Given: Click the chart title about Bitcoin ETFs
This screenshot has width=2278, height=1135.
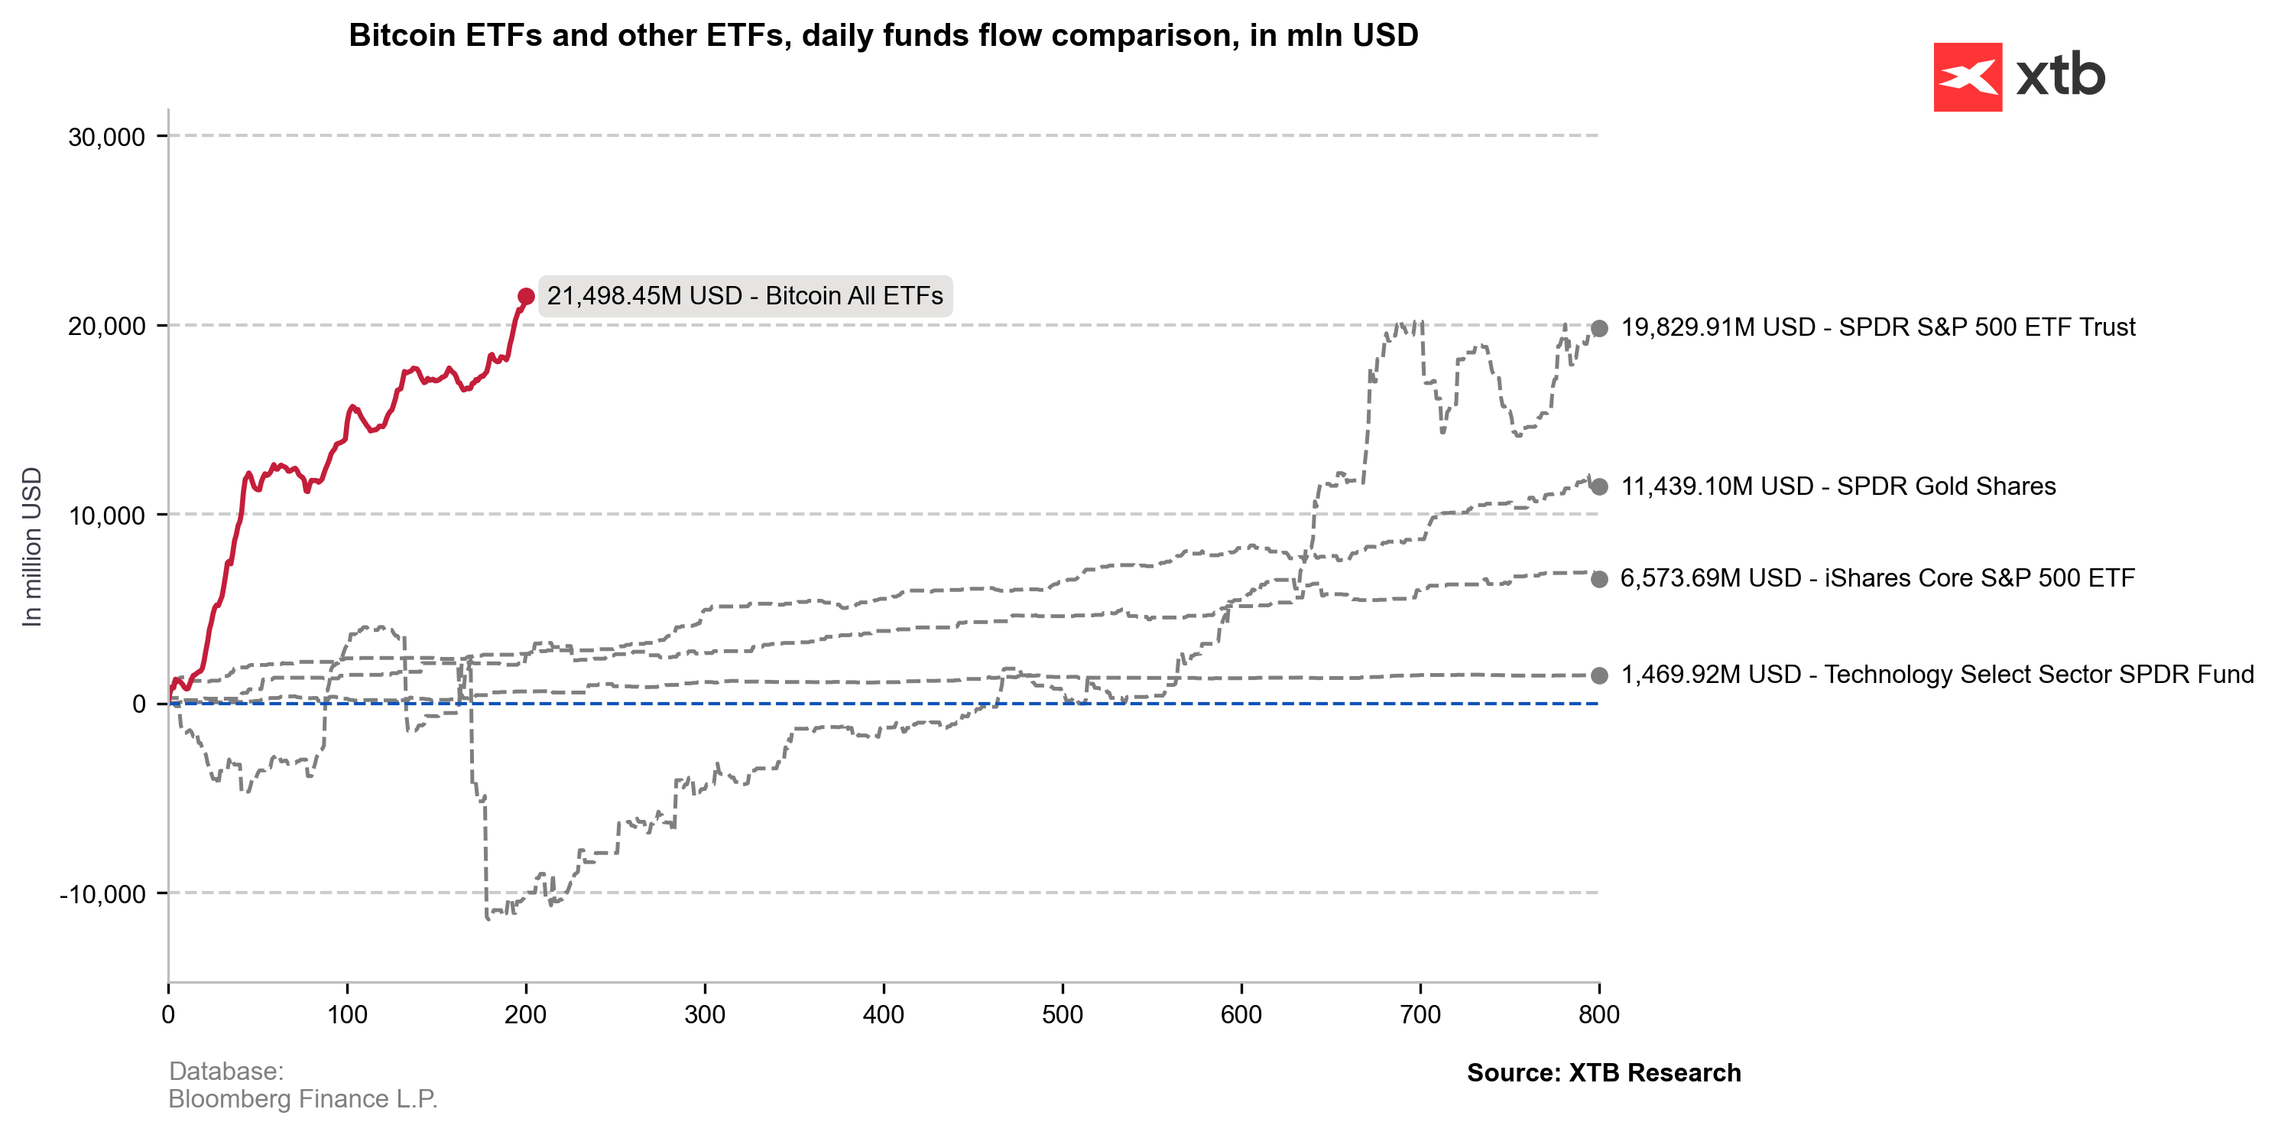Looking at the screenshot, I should point(883,35).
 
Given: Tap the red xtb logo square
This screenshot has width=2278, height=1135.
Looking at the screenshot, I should point(1967,77).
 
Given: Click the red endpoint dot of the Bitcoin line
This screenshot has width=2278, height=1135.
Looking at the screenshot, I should point(526,296).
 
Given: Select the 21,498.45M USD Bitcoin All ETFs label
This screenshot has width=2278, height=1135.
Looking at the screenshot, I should point(745,295).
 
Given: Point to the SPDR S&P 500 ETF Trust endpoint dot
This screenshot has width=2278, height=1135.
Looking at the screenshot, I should point(1599,329).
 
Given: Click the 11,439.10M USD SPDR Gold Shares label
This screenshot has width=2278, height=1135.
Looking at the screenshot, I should point(1838,486).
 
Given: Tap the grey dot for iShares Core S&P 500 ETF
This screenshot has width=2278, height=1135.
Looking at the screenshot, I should point(1599,580).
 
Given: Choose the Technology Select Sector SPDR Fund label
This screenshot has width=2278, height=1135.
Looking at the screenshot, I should point(1936,674).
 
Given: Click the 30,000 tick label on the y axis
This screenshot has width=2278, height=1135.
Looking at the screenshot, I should point(106,137).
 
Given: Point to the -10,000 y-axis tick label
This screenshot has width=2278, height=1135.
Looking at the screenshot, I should point(102,893).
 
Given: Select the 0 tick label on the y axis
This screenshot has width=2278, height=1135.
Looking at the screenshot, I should point(139,704).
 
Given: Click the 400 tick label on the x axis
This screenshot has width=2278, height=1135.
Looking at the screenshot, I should point(884,1015).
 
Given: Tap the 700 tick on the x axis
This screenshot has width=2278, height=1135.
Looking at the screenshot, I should point(1420,1015).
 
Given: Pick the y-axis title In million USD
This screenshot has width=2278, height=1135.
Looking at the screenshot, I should point(32,547).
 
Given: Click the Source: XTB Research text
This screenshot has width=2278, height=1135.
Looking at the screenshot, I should point(1603,1072).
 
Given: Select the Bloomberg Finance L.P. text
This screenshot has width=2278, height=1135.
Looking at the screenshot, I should point(303,1099).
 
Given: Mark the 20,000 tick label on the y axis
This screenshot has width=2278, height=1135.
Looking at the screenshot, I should point(106,327).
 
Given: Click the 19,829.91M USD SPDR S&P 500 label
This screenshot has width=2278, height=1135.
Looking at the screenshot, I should point(1877,327).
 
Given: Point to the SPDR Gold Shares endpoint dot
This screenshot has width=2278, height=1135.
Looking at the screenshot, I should point(1599,486).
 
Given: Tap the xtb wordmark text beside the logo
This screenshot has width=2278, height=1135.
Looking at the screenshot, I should point(2060,75).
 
